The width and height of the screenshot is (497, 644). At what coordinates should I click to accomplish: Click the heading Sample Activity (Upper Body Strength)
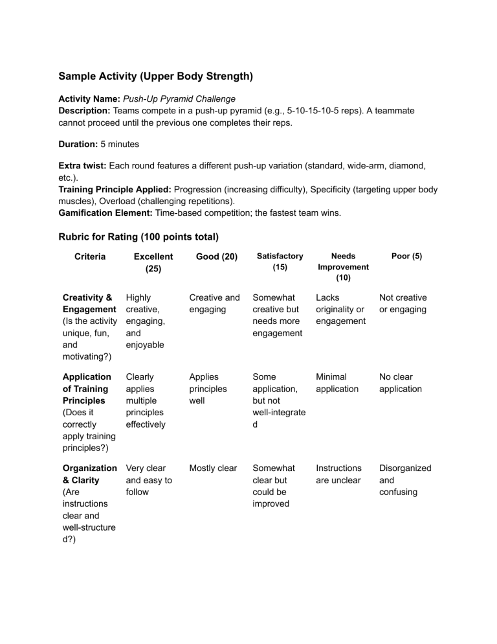click(x=155, y=76)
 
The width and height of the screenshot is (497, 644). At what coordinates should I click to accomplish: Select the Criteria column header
click(x=90, y=257)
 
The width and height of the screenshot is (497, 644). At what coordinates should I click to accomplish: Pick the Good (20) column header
click(x=214, y=257)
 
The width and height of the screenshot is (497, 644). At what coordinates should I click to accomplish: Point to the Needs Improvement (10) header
click(x=343, y=266)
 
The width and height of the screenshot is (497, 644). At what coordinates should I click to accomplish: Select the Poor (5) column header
click(x=407, y=257)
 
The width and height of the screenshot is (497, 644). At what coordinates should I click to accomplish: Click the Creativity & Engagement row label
click(x=87, y=303)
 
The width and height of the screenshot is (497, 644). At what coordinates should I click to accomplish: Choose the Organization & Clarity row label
click(x=87, y=473)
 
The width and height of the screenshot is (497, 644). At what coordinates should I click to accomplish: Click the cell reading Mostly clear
click(x=213, y=468)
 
